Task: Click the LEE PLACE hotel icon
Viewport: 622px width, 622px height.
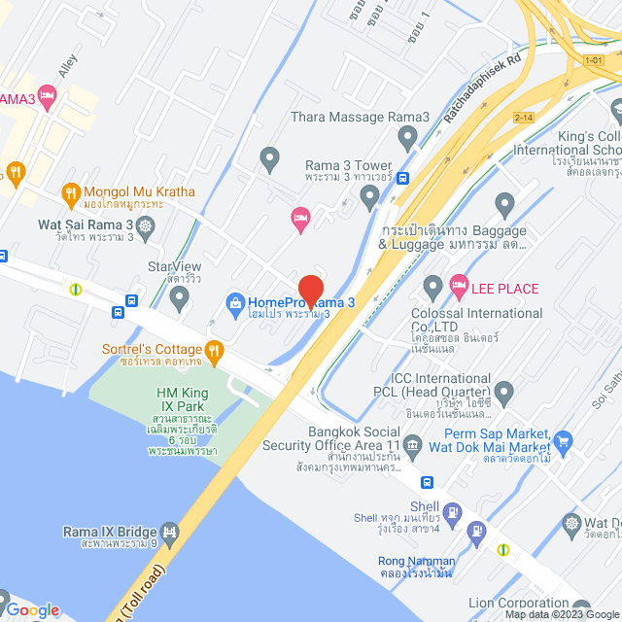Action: pyautogui.click(x=459, y=288)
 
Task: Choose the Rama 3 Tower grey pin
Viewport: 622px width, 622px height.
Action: pyautogui.click(x=368, y=197)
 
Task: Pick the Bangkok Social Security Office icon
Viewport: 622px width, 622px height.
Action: pyautogui.click(x=412, y=447)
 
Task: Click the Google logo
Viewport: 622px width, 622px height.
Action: pyautogui.click(x=32, y=609)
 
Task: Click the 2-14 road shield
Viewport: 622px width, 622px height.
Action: pyautogui.click(x=525, y=118)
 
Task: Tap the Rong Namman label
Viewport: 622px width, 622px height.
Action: pyautogui.click(x=416, y=561)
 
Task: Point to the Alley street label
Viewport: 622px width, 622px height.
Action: pyautogui.click(x=67, y=65)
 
